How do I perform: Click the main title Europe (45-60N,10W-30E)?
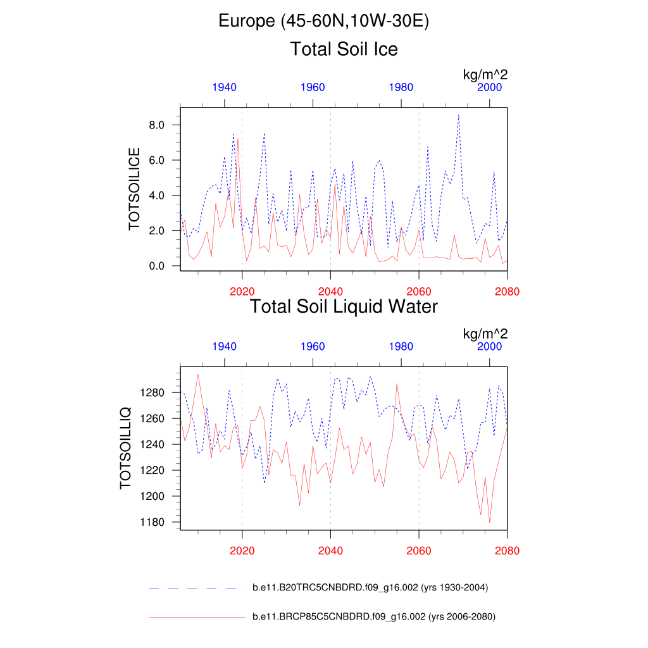[324, 22]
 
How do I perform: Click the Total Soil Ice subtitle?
[344, 49]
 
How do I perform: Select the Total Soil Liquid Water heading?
[344, 307]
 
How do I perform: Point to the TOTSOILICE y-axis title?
[134, 189]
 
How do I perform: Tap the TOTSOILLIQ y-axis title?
[125, 448]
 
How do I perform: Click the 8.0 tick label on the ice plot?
[157, 125]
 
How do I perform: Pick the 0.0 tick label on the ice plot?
[157, 266]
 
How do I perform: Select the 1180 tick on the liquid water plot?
[153, 523]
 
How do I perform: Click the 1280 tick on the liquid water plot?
[153, 393]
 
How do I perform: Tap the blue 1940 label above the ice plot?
[225, 87]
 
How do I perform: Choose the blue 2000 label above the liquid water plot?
[490, 347]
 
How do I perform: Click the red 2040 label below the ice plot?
[330, 291]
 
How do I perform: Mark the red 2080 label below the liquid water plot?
[507, 551]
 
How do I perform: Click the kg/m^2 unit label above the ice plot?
[485, 75]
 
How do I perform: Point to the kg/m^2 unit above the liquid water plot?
[485, 334]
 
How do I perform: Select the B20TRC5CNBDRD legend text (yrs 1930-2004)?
[370, 588]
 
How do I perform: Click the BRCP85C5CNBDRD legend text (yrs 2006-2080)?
[373, 617]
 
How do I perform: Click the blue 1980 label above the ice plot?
[401, 87]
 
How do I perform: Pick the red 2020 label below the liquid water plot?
[242, 551]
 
